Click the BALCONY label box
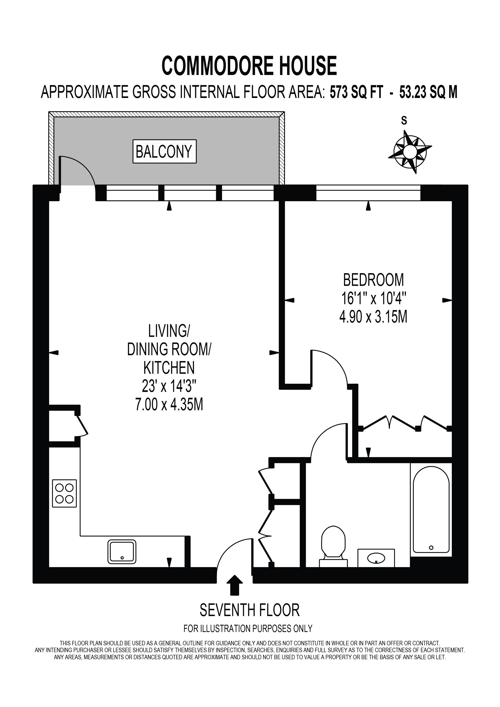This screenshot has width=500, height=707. [164, 152]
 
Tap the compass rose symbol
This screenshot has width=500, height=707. [410, 152]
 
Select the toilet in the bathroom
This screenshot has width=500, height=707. [333, 546]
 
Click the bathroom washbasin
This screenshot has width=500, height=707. [376, 558]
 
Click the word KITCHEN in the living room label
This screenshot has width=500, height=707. [169, 367]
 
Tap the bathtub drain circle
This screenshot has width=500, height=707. [431, 548]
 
